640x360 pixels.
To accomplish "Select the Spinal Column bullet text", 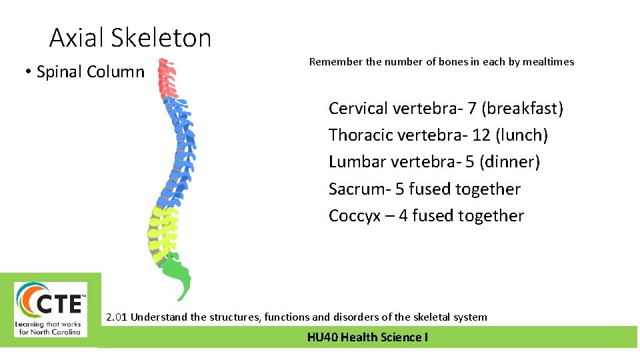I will [x=90, y=71].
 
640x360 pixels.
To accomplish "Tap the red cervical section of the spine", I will [x=167, y=79].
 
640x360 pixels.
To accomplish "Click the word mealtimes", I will [x=548, y=62].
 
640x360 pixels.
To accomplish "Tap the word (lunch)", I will [x=521, y=135].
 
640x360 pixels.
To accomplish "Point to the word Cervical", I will [x=358, y=109].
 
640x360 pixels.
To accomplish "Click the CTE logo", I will [x=51, y=309].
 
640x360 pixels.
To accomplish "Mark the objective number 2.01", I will [x=117, y=317].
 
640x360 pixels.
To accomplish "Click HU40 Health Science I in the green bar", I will [x=367, y=337].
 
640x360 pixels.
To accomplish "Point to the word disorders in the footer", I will [x=366, y=317].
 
